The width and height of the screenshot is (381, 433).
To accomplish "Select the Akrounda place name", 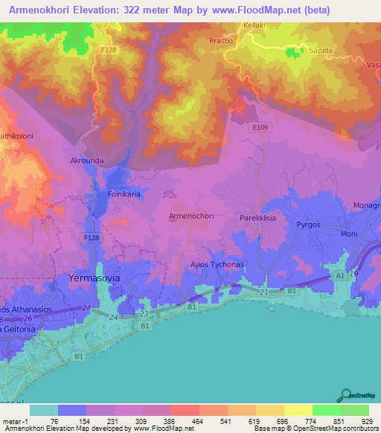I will (87, 160).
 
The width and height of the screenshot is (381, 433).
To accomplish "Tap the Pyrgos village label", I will (308, 222).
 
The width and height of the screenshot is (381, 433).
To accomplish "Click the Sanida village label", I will (320, 51).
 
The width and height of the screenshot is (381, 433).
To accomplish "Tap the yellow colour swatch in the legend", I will (298, 410).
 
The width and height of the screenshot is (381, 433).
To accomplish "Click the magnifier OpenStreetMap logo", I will (348, 395).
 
